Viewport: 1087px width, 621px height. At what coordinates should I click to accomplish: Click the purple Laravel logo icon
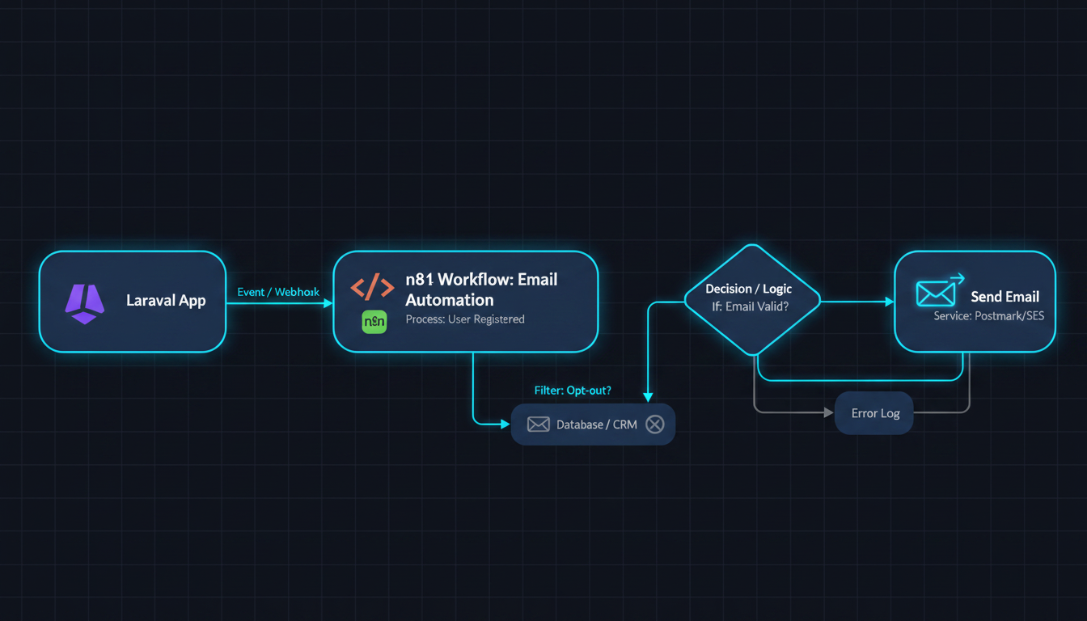click(84, 304)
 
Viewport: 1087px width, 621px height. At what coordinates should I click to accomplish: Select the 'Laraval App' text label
click(166, 301)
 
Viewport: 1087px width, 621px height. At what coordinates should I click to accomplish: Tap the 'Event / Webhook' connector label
click(278, 292)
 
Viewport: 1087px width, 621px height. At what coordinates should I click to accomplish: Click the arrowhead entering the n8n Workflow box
click(328, 303)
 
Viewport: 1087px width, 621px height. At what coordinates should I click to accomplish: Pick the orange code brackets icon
click(372, 287)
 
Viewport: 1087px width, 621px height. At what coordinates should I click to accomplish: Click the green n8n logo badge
click(374, 322)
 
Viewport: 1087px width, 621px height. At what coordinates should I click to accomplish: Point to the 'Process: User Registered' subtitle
click(465, 319)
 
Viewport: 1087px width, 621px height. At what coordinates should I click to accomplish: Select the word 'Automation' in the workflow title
click(450, 300)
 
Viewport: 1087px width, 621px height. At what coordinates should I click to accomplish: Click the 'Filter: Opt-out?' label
click(573, 391)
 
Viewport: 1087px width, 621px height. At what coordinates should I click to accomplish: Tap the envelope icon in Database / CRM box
click(538, 425)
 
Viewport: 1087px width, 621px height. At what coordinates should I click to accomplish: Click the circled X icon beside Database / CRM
click(654, 425)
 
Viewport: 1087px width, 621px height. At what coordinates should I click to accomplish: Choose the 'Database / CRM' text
click(596, 425)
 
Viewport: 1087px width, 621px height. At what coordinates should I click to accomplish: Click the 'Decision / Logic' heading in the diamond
click(748, 289)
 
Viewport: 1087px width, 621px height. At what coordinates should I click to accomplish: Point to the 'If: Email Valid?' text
click(751, 306)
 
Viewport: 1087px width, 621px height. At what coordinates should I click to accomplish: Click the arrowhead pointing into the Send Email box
click(890, 302)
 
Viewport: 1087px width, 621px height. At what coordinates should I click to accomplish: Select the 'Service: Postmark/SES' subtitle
click(989, 316)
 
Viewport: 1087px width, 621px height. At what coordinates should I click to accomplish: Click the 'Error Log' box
click(874, 413)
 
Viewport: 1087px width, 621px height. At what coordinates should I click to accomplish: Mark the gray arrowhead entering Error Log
click(829, 413)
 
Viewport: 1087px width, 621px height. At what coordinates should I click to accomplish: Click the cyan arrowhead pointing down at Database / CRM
click(648, 397)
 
